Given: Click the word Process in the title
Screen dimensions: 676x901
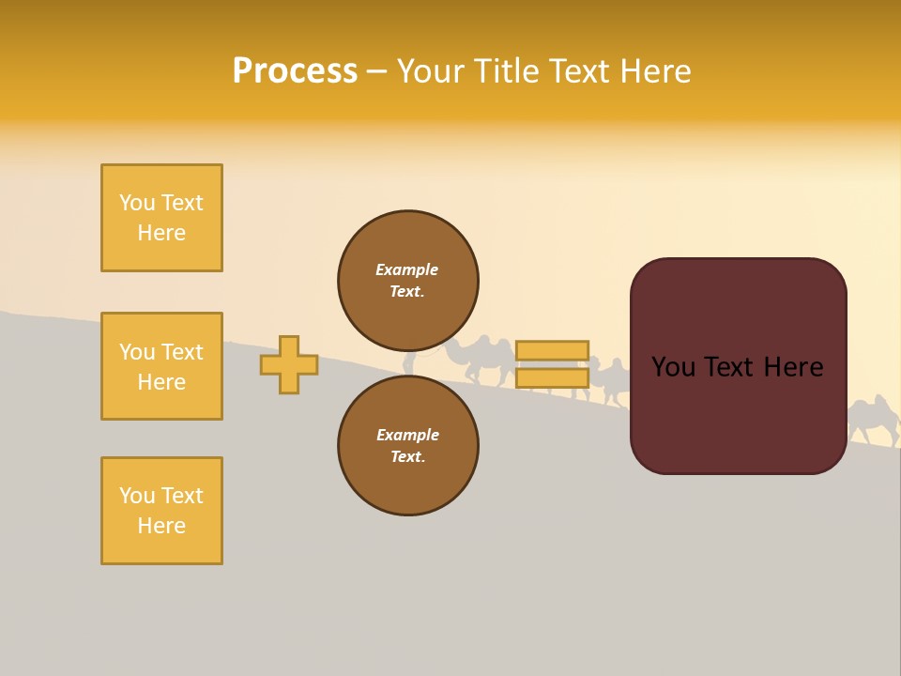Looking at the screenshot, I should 295,71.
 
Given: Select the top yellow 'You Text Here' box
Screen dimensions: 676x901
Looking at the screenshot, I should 161,218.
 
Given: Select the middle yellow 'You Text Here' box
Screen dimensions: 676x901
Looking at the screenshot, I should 161,366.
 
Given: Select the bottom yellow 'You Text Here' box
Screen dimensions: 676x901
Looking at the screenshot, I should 161,511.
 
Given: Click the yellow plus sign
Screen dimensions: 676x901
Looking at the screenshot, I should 289,364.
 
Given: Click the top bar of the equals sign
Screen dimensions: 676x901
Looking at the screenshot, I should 552,351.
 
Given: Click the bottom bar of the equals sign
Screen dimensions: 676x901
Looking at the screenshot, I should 552,378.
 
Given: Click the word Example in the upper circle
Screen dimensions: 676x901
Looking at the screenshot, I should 407,269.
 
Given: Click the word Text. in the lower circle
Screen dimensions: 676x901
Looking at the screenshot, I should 407,456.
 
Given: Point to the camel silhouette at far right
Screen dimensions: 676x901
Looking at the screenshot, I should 873,419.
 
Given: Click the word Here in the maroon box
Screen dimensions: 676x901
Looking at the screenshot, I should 793,367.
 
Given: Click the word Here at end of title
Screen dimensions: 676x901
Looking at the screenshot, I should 657,71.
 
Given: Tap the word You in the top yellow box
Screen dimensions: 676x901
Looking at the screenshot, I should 137,203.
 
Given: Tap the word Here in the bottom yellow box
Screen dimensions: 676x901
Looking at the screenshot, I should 161,526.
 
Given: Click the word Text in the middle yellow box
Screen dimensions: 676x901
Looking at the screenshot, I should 181,352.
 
